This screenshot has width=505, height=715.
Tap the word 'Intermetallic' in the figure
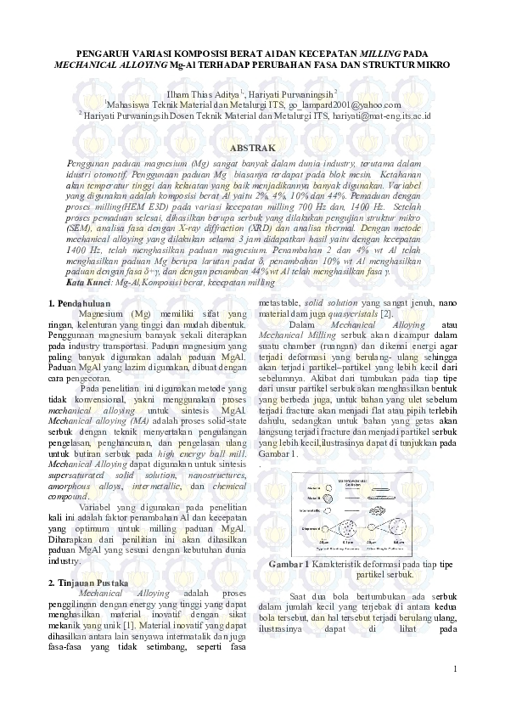[x=311, y=510]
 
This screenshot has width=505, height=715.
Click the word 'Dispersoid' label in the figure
[x=311, y=526]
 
